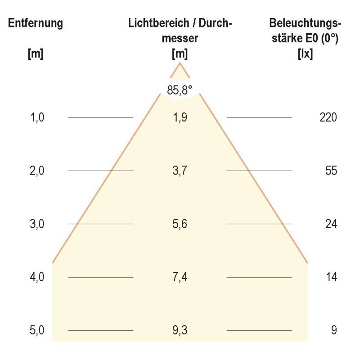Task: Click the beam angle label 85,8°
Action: click(180, 90)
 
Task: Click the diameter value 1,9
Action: click(180, 118)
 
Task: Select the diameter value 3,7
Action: click(180, 171)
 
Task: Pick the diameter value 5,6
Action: click(180, 224)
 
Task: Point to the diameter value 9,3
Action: click(180, 330)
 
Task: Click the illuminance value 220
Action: click(328, 118)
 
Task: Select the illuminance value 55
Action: click(331, 171)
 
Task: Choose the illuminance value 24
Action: click(331, 224)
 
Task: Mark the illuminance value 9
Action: click(333, 330)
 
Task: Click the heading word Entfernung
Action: click(36, 23)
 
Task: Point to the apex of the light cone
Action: click(180, 63)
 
